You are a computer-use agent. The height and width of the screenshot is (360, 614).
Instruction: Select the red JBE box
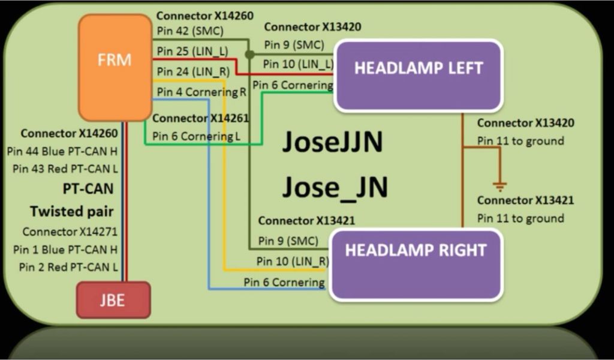point(113,299)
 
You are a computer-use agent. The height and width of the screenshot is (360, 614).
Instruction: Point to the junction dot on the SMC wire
point(249,55)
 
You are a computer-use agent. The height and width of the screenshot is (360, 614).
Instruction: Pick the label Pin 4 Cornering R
point(201,92)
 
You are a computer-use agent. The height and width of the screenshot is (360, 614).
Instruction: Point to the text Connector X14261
point(200,118)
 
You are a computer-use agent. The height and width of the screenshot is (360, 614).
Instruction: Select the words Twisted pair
point(71,211)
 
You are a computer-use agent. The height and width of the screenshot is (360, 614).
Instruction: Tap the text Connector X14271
point(70,232)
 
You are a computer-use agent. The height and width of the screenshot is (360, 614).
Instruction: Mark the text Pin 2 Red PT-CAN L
point(68,267)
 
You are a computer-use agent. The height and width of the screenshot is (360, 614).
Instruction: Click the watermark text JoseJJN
point(332,142)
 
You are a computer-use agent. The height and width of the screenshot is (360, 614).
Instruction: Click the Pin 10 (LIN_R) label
point(292,261)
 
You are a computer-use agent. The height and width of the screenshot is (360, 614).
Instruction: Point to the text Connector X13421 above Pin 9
point(306,221)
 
